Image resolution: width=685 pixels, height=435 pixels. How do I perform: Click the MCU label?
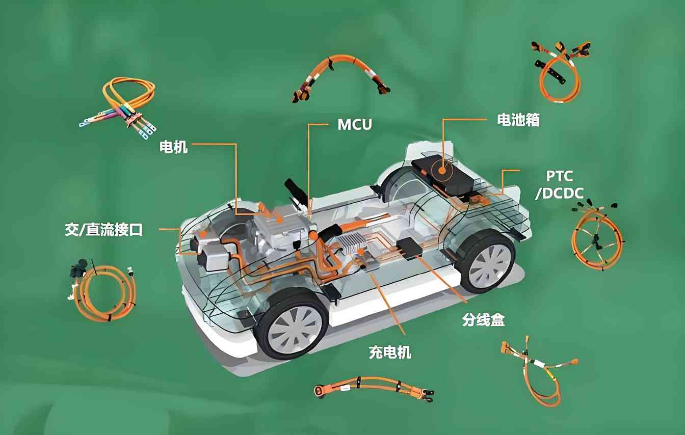pos(355,124)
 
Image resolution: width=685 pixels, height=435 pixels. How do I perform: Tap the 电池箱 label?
pos(518,120)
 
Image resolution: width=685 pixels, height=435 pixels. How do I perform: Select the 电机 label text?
pos(174,147)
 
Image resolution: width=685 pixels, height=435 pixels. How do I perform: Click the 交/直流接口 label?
pos(103,229)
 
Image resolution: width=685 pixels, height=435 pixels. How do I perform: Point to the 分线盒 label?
pos(483,320)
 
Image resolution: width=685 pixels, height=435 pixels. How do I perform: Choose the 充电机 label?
pos(390,351)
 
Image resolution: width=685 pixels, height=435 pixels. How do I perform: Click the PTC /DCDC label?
pos(559,184)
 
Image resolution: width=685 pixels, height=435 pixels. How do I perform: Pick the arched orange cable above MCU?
pos(341,73)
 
